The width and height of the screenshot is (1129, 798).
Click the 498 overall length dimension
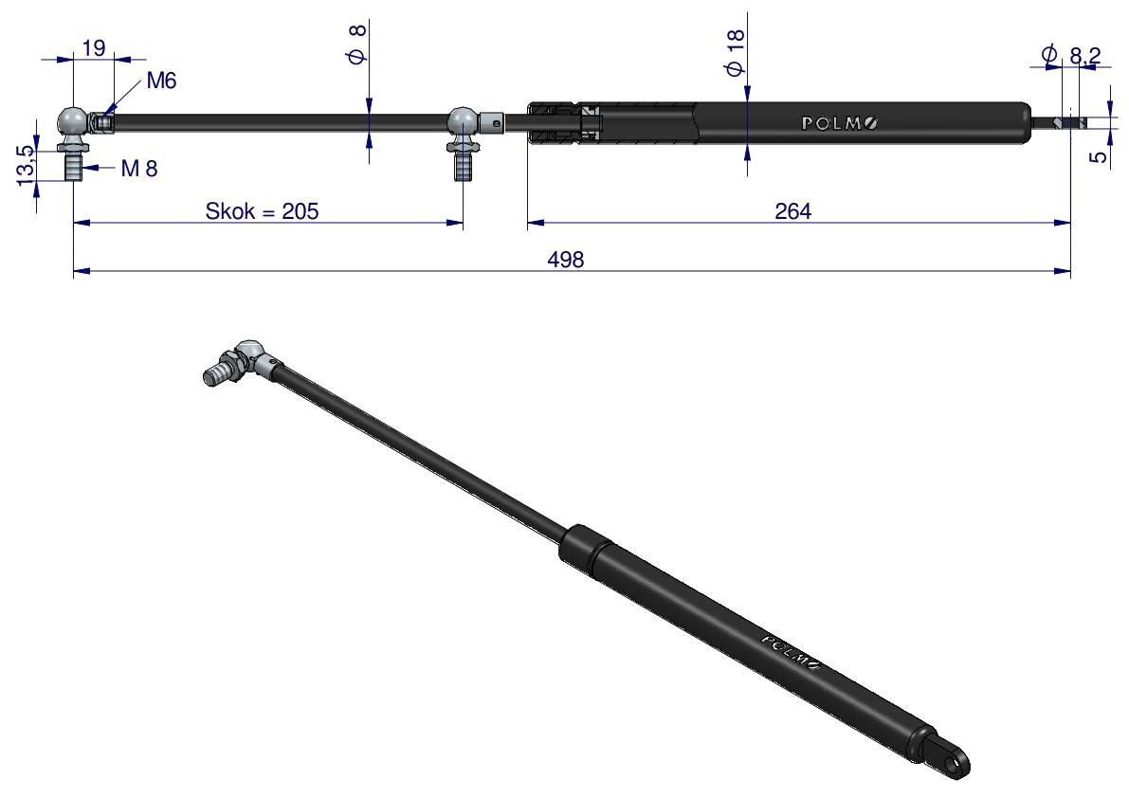pos(565,259)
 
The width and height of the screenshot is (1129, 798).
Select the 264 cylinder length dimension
pos(792,211)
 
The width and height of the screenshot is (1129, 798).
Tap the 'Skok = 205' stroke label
pos(262,211)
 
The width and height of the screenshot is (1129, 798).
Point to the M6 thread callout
pos(161,81)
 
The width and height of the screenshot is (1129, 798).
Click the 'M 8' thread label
pos(139,169)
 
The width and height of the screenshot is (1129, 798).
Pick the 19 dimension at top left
pos(94,48)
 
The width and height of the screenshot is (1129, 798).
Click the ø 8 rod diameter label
pos(357,45)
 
